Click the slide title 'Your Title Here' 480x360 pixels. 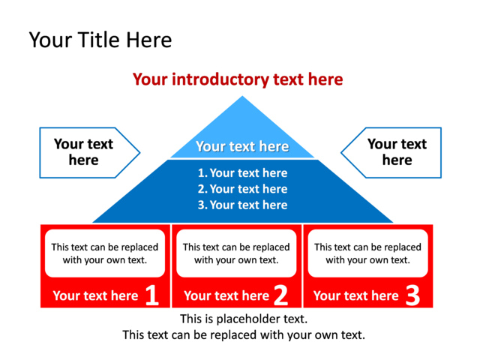[x=100, y=40]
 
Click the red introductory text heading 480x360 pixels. [x=238, y=79]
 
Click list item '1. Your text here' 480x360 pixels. [x=242, y=173]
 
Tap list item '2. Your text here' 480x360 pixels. [x=242, y=189]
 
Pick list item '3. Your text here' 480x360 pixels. [x=242, y=205]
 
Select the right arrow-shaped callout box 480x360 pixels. [x=394, y=152]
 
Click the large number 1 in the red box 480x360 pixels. [x=151, y=295]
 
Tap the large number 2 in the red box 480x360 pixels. [x=281, y=295]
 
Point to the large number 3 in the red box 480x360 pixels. [x=412, y=295]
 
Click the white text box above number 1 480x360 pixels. [x=105, y=253]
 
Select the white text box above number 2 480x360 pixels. [x=236, y=253]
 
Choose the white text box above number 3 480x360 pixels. [x=367, y=253]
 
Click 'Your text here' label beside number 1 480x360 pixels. [x=95, y=295]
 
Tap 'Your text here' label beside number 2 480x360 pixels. [x=226, y=295]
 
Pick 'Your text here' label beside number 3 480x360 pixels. [x=355, y=295]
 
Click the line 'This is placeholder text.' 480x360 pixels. [x=244, y=319]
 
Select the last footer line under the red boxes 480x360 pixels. [x=244, y=334]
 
